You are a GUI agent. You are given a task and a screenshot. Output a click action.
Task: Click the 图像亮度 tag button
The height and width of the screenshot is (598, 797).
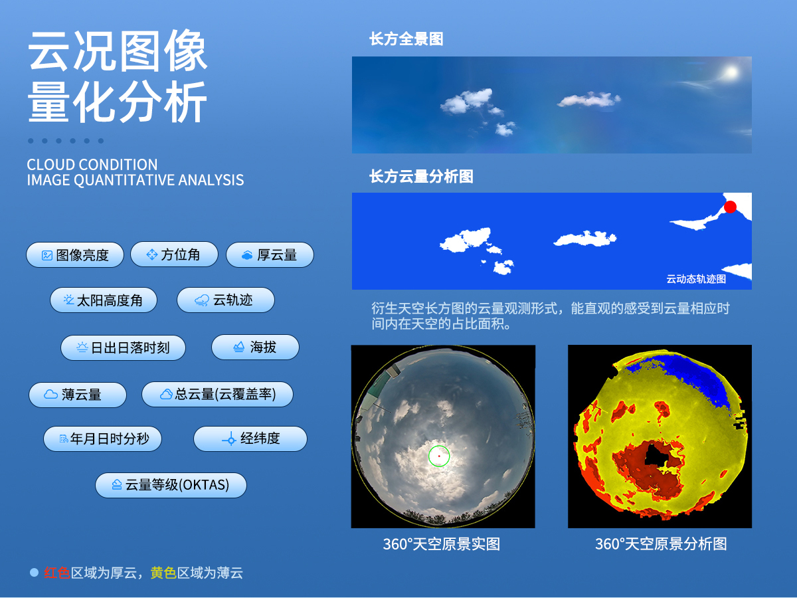tap(75, 255)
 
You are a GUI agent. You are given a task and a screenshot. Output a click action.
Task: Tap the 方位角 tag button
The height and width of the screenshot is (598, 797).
tap(174, 254)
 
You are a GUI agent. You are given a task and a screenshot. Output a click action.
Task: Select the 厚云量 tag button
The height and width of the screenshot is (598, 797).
tap(270, 255)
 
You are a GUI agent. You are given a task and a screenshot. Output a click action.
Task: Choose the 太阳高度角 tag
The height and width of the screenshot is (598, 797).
tap(103, 300)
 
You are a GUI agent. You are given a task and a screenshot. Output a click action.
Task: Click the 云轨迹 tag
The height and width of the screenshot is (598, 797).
tap(225, 300)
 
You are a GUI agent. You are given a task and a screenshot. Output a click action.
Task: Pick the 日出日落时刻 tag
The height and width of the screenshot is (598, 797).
tap(123, 348)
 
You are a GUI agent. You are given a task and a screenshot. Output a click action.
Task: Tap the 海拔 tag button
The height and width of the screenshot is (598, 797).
tap(255, 348)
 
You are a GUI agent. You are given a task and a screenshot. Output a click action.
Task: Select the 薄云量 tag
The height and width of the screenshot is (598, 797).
tap(77, 395)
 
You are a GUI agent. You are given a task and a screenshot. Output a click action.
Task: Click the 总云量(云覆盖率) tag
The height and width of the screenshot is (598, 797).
tap(217, 395)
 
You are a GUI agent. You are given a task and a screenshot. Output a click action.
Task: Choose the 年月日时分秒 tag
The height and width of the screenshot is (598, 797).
tap(102, 439)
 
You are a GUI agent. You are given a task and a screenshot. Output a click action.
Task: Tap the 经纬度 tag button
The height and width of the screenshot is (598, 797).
tap(250, 439)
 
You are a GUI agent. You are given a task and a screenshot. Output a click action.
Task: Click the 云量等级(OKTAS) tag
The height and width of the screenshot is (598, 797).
tap(171, 485)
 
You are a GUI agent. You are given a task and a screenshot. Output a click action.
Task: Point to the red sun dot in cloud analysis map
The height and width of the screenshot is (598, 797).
tap(730, 207)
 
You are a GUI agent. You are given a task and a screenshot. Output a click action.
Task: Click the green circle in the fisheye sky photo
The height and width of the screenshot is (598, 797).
tap(439, 456)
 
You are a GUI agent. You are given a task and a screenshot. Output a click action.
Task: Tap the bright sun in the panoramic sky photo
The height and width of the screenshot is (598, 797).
tap(731, 72)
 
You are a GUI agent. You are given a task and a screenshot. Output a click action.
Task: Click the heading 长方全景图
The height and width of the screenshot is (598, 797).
tap(406, 39)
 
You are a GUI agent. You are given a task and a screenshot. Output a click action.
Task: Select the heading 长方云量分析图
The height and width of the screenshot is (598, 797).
tap(421, 177)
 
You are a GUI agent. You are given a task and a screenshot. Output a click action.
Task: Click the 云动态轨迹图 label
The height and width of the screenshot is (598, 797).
tap(696, 279)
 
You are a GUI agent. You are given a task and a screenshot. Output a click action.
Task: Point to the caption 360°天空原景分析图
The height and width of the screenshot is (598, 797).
tap(660, 544)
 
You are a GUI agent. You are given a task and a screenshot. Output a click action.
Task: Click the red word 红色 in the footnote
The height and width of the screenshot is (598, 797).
tap(57, 573)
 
